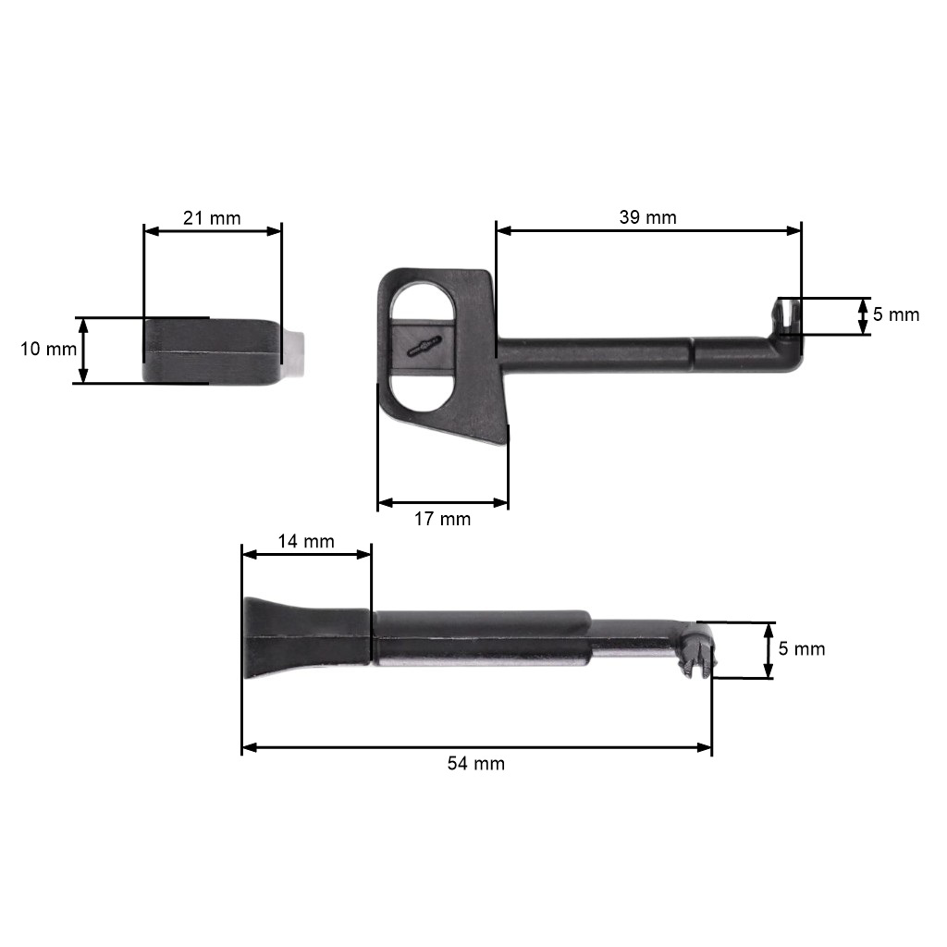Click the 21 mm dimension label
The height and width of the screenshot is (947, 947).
point(212,218)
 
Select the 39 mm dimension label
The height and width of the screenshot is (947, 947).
point(647,217)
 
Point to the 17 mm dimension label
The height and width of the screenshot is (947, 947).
point(442,519)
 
